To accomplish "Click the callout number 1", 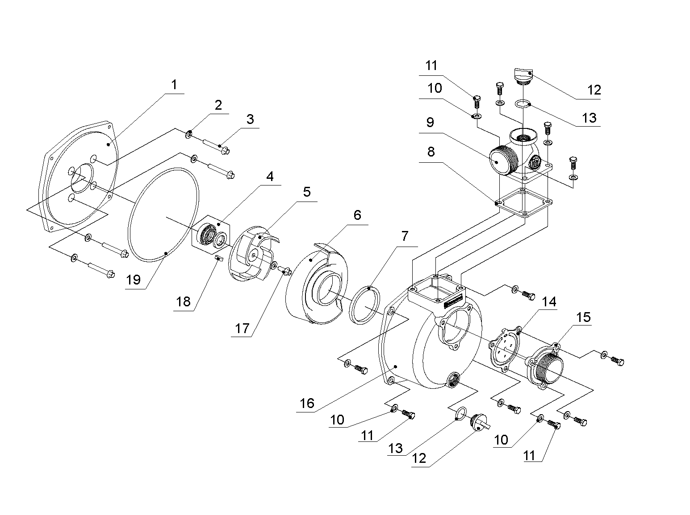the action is tap(174, 85).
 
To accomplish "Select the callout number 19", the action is tap(133, 280).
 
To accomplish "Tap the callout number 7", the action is tap(405, 236).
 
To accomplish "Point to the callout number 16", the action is tap(307, 403).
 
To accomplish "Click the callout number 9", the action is tap(430, 122).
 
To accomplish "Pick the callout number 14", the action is tap(549, 301).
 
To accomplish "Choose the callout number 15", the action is tap(583, 317).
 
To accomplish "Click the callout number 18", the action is tap(183, 301).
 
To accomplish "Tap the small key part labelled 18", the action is tap(218, 258).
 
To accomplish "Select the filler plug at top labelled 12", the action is tap(523, 76).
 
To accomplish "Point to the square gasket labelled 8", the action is tap(524, 202).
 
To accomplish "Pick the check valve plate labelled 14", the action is tap(505, 348).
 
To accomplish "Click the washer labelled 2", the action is tap(188, 134).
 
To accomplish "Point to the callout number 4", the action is tap(270, 177).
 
